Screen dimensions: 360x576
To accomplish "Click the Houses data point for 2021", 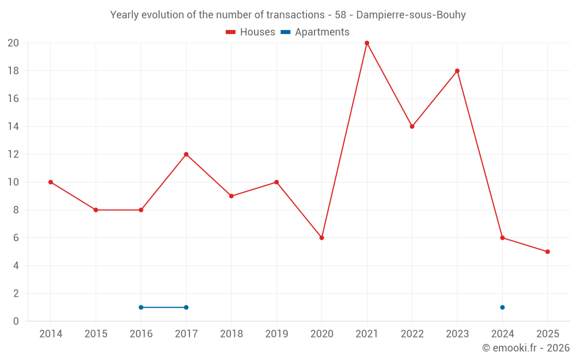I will [x=367, y=43].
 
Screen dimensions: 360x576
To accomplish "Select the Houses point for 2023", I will [x=457, y=71].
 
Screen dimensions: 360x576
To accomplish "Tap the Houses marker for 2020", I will [x=322, y=238].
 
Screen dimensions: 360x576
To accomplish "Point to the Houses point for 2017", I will [x=186, y=154].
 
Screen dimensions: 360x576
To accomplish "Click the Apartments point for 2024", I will [x=502, y=307].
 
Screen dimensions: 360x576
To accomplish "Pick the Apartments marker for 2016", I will [x=141, y=307].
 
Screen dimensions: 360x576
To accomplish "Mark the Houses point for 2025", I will [x=548, y=252].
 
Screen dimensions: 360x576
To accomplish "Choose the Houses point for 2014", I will [x=51, y=182].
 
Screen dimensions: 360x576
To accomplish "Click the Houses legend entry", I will [x=251, y=32].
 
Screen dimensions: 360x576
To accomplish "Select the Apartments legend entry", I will [x=315, y=32].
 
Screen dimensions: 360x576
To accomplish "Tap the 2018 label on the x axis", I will [x=232, y=334].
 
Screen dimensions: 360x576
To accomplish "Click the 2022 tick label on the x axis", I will [x=412, y=334].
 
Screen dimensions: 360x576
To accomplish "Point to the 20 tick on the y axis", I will [x=13, y=43].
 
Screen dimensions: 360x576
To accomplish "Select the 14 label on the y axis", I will [x=13, y=126].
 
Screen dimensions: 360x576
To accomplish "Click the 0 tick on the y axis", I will [x=16, y=321].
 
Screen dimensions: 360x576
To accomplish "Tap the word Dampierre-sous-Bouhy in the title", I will [x=411, y=15].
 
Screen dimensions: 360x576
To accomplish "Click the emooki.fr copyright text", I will [x=526, y=348].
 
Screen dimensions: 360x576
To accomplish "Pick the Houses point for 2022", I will [x=412, y=127].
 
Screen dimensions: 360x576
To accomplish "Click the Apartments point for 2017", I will [x=186, y=307].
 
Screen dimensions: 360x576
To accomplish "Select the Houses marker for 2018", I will [x=232, y=196].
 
